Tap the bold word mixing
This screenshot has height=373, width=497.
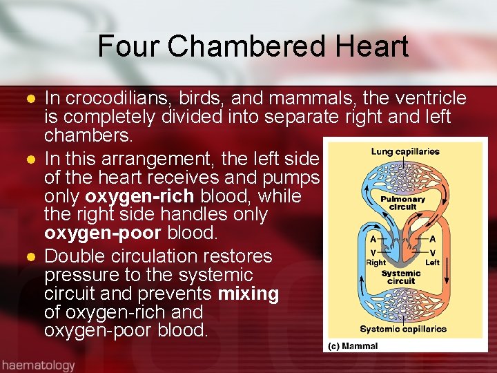pos(248,294)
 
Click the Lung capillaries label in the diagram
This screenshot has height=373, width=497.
pos(405,152)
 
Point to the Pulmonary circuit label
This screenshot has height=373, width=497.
pos(403,202)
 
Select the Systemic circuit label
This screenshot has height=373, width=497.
pos(401,277)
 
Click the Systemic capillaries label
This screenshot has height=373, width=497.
pos(403,329)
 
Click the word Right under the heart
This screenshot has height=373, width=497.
pos(376,262)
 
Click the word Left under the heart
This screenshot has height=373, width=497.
pos(433,262)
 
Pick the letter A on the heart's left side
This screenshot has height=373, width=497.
pos(373,239)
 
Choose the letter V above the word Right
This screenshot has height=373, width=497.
pos(373,253)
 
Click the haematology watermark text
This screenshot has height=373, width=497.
pos(37,364)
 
